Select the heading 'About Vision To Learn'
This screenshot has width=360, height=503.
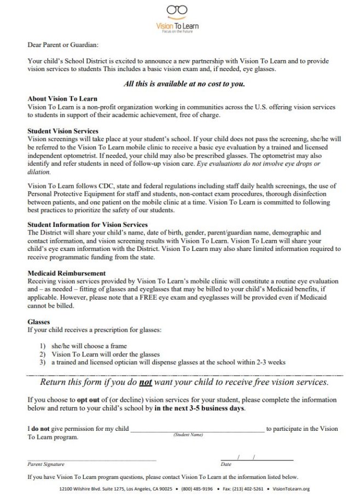tap(62, 98)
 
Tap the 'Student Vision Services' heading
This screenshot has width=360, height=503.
tap(63, 131)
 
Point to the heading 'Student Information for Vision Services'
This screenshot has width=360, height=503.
tap(88, 225)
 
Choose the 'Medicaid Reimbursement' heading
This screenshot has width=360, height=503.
tap(67, 273)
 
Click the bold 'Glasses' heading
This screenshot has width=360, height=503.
tap(38, 322)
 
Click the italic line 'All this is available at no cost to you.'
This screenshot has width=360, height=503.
tap(184, 84)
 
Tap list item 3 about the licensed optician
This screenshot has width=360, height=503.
tap(168, 362)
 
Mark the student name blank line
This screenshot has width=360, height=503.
tap(197, 429)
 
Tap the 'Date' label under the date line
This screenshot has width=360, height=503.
tap(225, 464)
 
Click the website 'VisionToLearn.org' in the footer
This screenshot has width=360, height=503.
tap(291, 489)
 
